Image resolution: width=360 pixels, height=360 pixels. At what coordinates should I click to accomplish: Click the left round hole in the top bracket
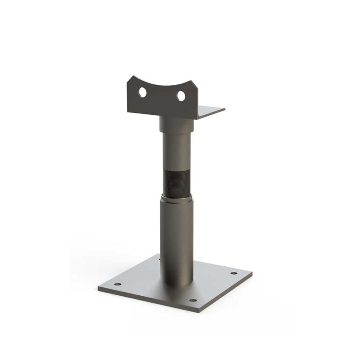point(142,93)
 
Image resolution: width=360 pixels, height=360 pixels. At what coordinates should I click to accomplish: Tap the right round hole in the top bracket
point(181,96)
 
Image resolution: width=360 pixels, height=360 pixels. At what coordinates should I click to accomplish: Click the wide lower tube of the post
point(176,234)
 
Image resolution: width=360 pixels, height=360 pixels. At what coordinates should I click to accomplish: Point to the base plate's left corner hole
point(118,284)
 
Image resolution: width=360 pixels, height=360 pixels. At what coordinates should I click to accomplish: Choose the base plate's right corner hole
point(233,273)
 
